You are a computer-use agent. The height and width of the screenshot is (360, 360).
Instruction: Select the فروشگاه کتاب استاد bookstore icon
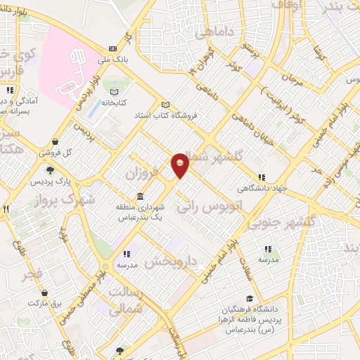(x=166, y=104)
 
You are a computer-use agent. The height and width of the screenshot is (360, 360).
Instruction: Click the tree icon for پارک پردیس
(x=50, y=169)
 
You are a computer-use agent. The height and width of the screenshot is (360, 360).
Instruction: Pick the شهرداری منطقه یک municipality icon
(x=141, y=195)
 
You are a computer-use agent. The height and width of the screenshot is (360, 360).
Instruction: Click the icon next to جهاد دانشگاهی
(x=262, y=177)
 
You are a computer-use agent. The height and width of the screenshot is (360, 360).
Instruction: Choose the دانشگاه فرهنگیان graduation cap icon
(x=250, y=299)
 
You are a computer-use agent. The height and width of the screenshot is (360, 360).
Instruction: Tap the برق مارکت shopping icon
(x=44, y=292)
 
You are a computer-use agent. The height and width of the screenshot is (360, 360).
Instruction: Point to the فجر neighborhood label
(x=33, y=274)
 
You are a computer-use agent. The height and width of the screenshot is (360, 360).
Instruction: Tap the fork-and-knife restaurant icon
(x=6, y=209)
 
